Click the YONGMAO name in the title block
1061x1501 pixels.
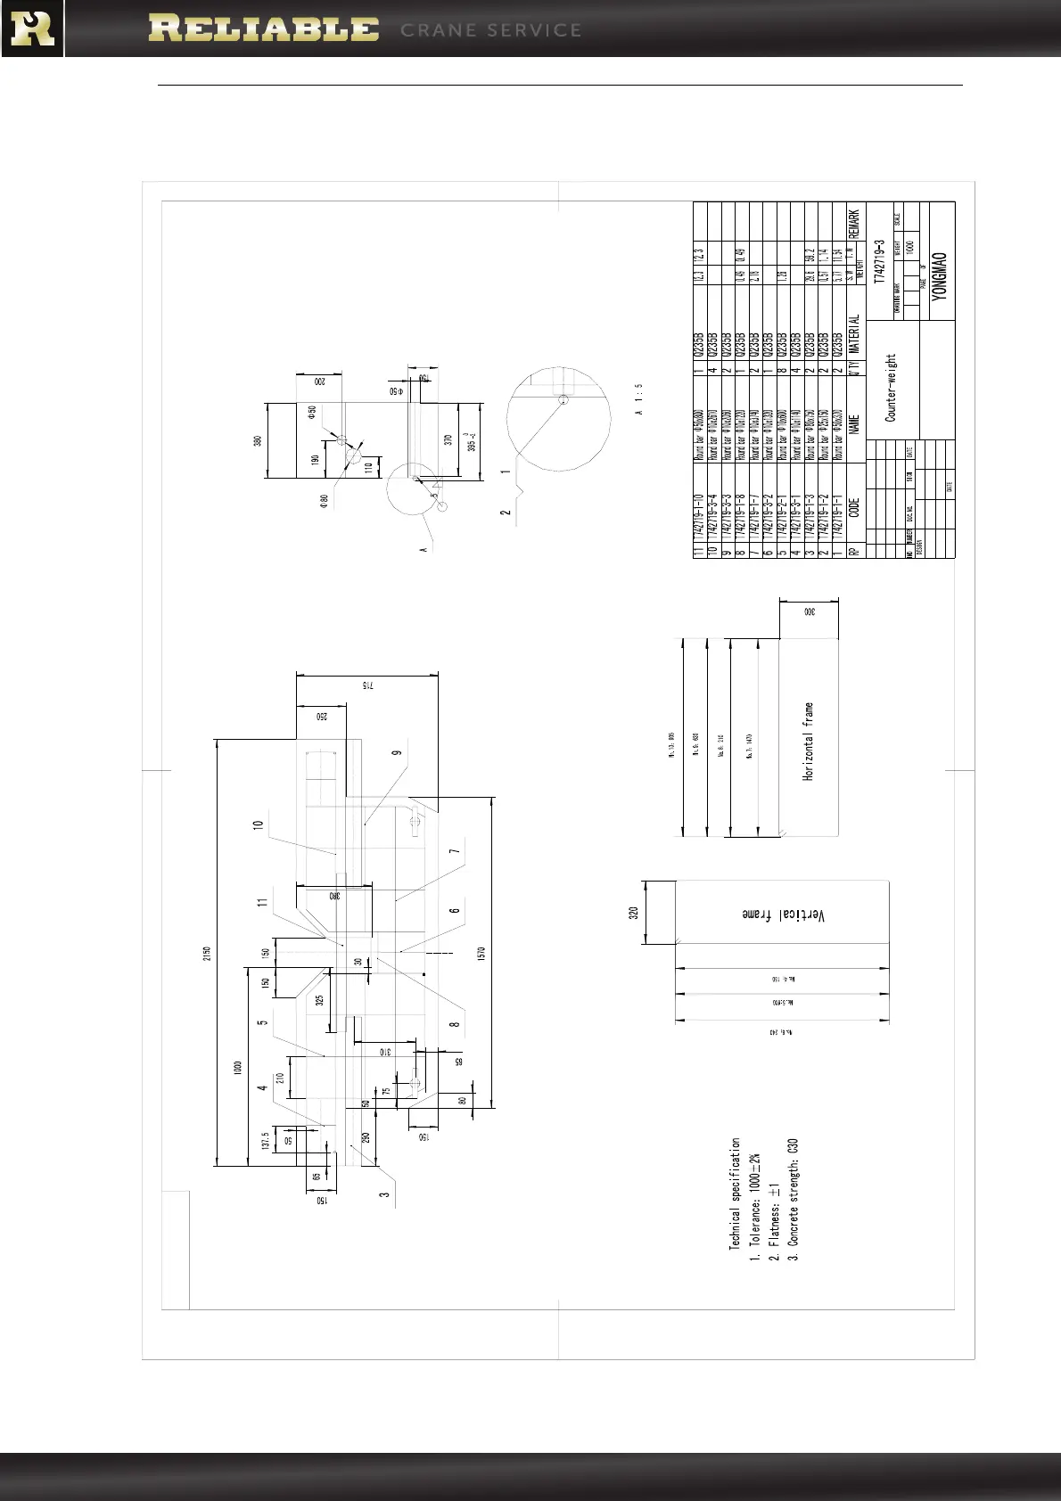940,275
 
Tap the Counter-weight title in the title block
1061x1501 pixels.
890,388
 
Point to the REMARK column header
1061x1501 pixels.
854,224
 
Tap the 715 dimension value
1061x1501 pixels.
365,686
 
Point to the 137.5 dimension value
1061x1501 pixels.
266,1142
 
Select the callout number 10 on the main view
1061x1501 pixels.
259,826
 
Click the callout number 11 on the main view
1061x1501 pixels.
262,902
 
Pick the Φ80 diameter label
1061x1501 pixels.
325,502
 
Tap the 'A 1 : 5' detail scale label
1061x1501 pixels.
639,399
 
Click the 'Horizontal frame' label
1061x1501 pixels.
809,742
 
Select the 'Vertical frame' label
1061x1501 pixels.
782,915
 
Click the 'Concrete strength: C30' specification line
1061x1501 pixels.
793,1199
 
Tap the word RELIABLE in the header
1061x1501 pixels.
263,29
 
